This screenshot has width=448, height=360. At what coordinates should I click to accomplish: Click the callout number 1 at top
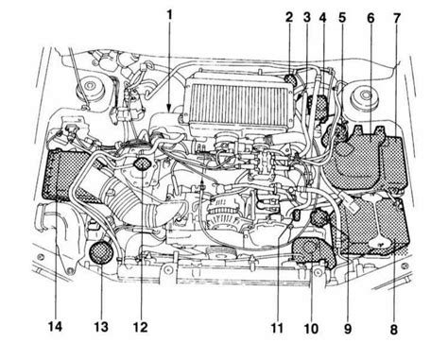(170, 15)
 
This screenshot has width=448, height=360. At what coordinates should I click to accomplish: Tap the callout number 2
(289, 17)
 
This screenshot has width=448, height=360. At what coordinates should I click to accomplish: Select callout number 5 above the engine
(342, 17)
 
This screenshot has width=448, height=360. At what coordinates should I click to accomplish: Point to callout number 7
(396, 18)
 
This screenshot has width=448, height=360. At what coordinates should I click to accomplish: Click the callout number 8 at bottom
(394, 330)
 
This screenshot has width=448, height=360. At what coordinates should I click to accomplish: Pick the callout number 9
(348, 329)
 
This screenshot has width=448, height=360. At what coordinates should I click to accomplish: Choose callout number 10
(311, 329)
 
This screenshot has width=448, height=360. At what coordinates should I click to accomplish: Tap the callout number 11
(277, 328)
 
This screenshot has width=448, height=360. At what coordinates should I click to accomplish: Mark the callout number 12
(140, 328)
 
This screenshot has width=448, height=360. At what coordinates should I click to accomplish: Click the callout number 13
(101, 327)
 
